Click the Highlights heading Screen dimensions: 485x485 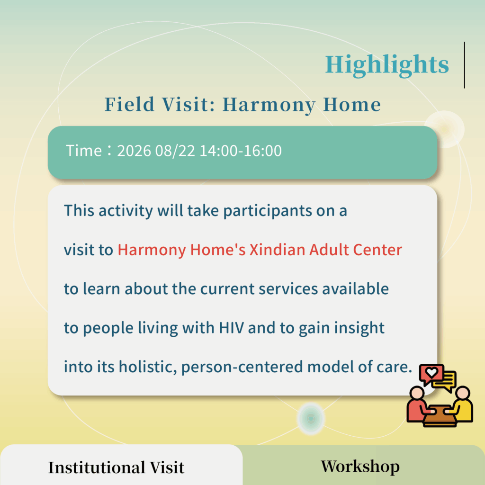[386, 65]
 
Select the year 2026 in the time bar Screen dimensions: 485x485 [134, 151]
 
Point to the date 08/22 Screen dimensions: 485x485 [175, 151]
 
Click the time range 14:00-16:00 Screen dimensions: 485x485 [241, 151]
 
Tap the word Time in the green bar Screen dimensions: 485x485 [84, 151]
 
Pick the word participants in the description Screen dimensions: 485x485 [268, 211]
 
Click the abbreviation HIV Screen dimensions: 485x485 [231, 328]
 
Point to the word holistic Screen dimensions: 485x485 [148, 367]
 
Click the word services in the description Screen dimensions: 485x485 [288, 289]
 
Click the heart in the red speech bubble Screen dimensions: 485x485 [431, 372]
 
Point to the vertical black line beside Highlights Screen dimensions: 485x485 [464, 65]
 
